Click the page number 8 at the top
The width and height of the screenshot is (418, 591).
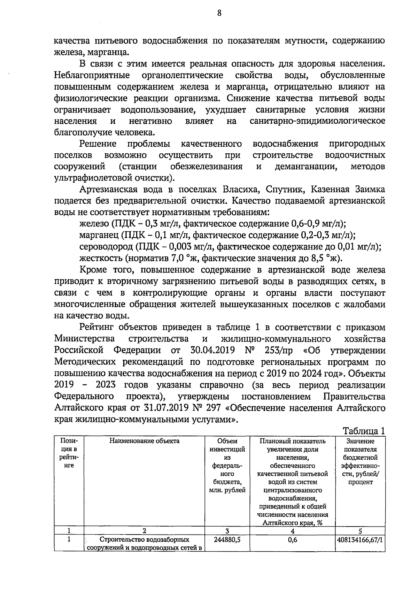pos(219,13)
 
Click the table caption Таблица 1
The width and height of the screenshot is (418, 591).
pos(364,431)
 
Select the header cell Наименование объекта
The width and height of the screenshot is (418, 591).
pos(145,441)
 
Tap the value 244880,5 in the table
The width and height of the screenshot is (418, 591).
pos(227,539)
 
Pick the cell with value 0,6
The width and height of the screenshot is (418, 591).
pos(293,539)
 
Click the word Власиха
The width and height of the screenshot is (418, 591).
pos(238,190)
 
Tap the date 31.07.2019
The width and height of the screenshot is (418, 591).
pos(166,408)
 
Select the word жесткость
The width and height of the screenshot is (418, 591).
pos(101,259)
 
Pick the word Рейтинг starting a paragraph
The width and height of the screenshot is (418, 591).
pos(97,327)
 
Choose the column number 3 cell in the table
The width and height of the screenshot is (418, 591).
pos(227,531)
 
